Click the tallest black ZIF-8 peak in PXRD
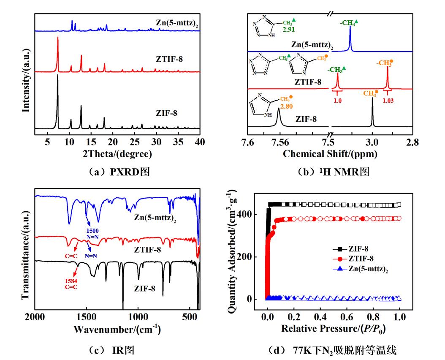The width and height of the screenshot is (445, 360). (x=57, y=76)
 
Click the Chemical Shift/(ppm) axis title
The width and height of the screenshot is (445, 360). (x=330, y=154)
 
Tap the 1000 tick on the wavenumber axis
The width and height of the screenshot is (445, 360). (x=138, y=316)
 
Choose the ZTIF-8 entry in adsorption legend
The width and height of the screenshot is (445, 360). (x=361, y=258)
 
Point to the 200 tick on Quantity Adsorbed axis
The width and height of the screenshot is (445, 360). (x=252, y=257)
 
